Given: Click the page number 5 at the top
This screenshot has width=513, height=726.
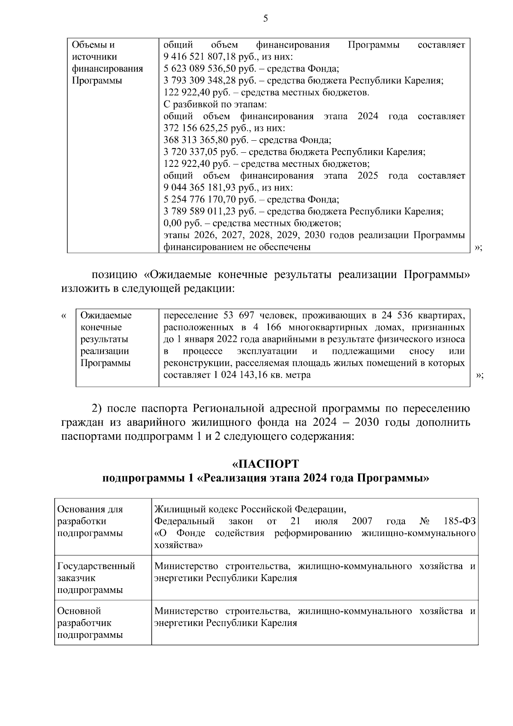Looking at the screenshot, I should [265, 18].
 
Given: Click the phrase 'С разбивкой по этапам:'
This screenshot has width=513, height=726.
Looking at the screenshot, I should [215, 104].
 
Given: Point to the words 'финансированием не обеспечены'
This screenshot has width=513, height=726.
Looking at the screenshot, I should [237, 247].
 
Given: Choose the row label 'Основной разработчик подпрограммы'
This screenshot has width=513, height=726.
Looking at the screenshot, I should [90, 623].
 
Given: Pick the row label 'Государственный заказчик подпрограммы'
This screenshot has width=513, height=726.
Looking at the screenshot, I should [96, 578].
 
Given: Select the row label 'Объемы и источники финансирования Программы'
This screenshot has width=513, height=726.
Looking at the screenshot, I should [107, 63].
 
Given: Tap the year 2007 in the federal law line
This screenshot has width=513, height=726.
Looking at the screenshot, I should [362, 522].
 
